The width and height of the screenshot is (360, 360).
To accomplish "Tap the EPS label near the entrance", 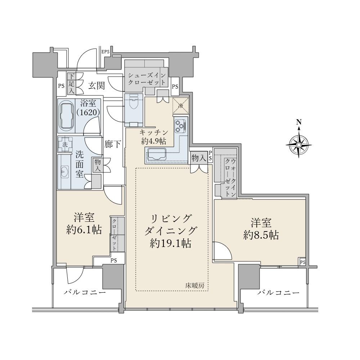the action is coord(105,51).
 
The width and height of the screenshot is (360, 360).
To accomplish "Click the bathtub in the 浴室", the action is coord(67,116).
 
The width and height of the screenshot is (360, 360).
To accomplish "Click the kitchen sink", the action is coord(157,153).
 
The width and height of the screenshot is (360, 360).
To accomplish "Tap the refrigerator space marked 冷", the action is coord(181,105).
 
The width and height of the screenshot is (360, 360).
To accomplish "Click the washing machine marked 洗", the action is coord(65,144).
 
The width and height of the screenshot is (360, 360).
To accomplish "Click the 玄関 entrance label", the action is coord(96,86).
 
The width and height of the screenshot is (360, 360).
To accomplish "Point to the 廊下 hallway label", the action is coord(113,144).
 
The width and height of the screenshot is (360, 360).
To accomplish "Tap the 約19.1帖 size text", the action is coord(171,243).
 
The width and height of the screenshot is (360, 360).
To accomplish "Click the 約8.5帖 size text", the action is coord(261,235).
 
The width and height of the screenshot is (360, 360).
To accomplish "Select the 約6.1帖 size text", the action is coord(84,229).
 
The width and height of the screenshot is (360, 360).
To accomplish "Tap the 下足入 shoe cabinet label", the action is coord(72,84).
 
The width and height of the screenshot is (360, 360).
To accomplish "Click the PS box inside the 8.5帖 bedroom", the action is coord(302,262).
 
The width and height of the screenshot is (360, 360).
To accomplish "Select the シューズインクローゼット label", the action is coord(147,79).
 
